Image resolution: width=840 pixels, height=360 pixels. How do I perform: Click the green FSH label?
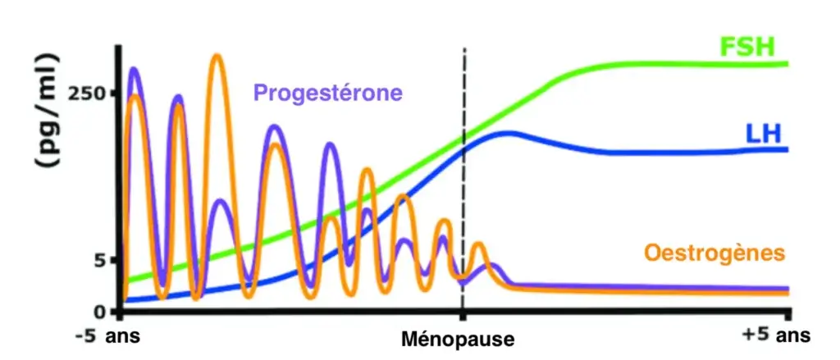click(x=746, y=47)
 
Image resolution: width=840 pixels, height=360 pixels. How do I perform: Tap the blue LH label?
click(x=763, y=134)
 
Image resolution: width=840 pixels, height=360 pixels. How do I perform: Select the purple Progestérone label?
click(x=328, y=92)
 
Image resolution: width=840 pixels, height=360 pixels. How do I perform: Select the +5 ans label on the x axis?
click(x=775, y=335)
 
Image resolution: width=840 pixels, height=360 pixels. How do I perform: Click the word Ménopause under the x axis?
click(x=459, y=338)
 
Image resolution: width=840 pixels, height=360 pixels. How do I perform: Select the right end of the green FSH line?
click(x=786, y=63)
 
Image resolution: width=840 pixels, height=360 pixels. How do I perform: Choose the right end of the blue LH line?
click(x=786, y=149)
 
